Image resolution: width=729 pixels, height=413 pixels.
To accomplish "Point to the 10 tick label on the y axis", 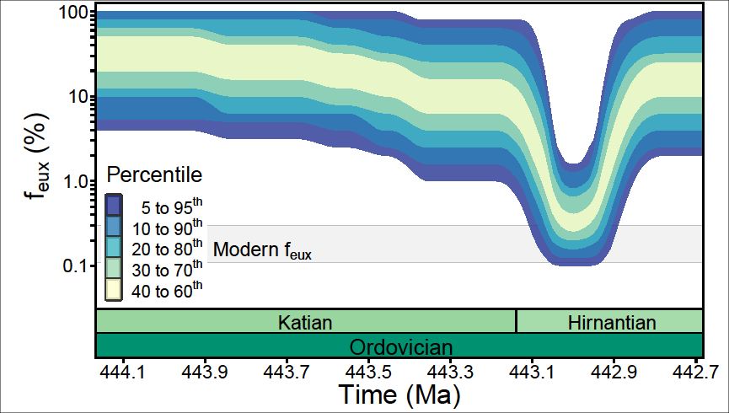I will [78, 96].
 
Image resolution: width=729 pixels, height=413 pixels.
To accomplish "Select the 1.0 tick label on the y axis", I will [74, 181].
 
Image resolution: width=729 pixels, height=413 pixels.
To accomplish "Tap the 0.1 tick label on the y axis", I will [74, 265].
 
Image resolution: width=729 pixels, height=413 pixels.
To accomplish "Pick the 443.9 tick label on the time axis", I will [204, 372].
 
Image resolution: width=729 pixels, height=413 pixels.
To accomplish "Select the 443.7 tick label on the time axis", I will [287, 372].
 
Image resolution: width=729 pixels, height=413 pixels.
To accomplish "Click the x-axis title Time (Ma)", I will [399, 394].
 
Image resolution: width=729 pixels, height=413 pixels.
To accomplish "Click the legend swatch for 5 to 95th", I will [114, 206].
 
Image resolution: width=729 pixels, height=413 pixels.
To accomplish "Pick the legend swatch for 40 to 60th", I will [114, 290].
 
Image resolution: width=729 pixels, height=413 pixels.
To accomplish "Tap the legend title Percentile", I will [153, 175].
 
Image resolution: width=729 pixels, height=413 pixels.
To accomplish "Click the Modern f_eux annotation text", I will [262, 250].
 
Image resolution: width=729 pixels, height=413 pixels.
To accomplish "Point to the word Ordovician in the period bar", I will [400, 347].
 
